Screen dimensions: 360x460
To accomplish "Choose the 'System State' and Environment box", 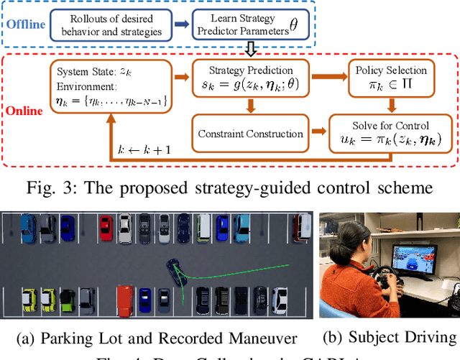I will click(x=109, y=84).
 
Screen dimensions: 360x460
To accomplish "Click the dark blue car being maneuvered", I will click(x=174, y=269).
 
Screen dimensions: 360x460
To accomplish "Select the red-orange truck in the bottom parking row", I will click(x=124, y=300).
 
